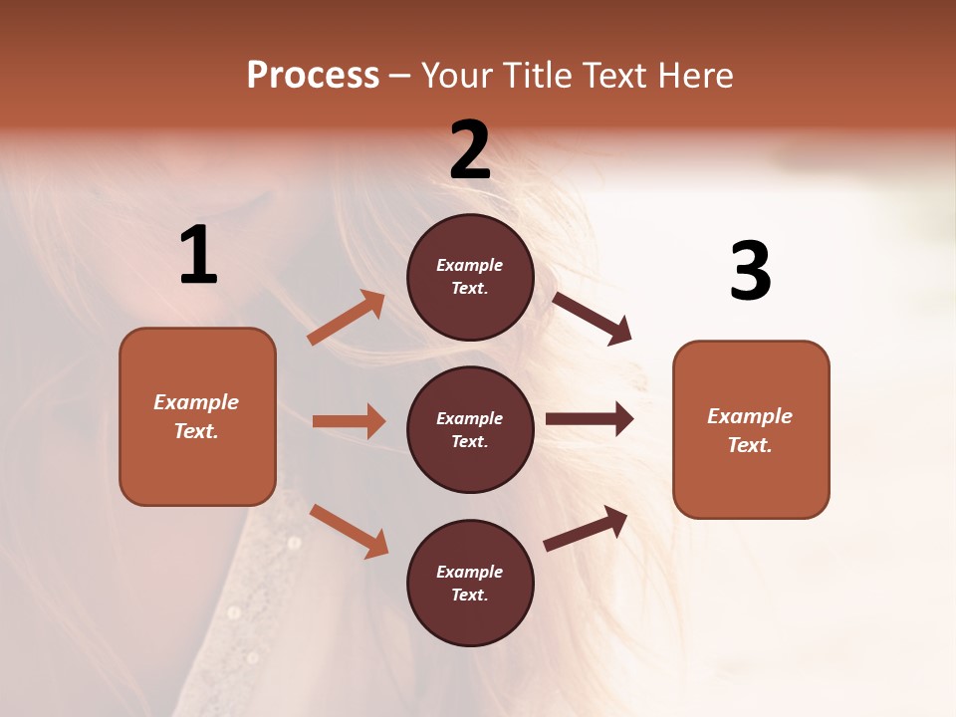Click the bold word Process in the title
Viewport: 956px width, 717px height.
(x=313, y=75)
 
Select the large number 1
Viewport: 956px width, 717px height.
(x=198, y=256)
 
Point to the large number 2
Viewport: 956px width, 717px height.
(x=470, y=150)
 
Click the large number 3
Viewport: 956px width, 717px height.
(x=751, y=271)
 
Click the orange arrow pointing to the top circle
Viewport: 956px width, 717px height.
(x=347, y=318)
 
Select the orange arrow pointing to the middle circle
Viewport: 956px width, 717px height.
(x=349, y=421)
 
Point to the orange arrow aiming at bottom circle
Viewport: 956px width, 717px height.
(x=349, y=530)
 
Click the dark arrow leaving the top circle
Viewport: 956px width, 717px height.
(x=592, y=319)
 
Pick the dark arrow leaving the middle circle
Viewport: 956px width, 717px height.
(x=589, y=419)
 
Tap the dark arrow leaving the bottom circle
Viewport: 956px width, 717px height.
(x=586, y=529)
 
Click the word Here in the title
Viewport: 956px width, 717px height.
(x=696, y=75)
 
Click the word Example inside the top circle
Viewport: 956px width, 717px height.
(x=470, y=265)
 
